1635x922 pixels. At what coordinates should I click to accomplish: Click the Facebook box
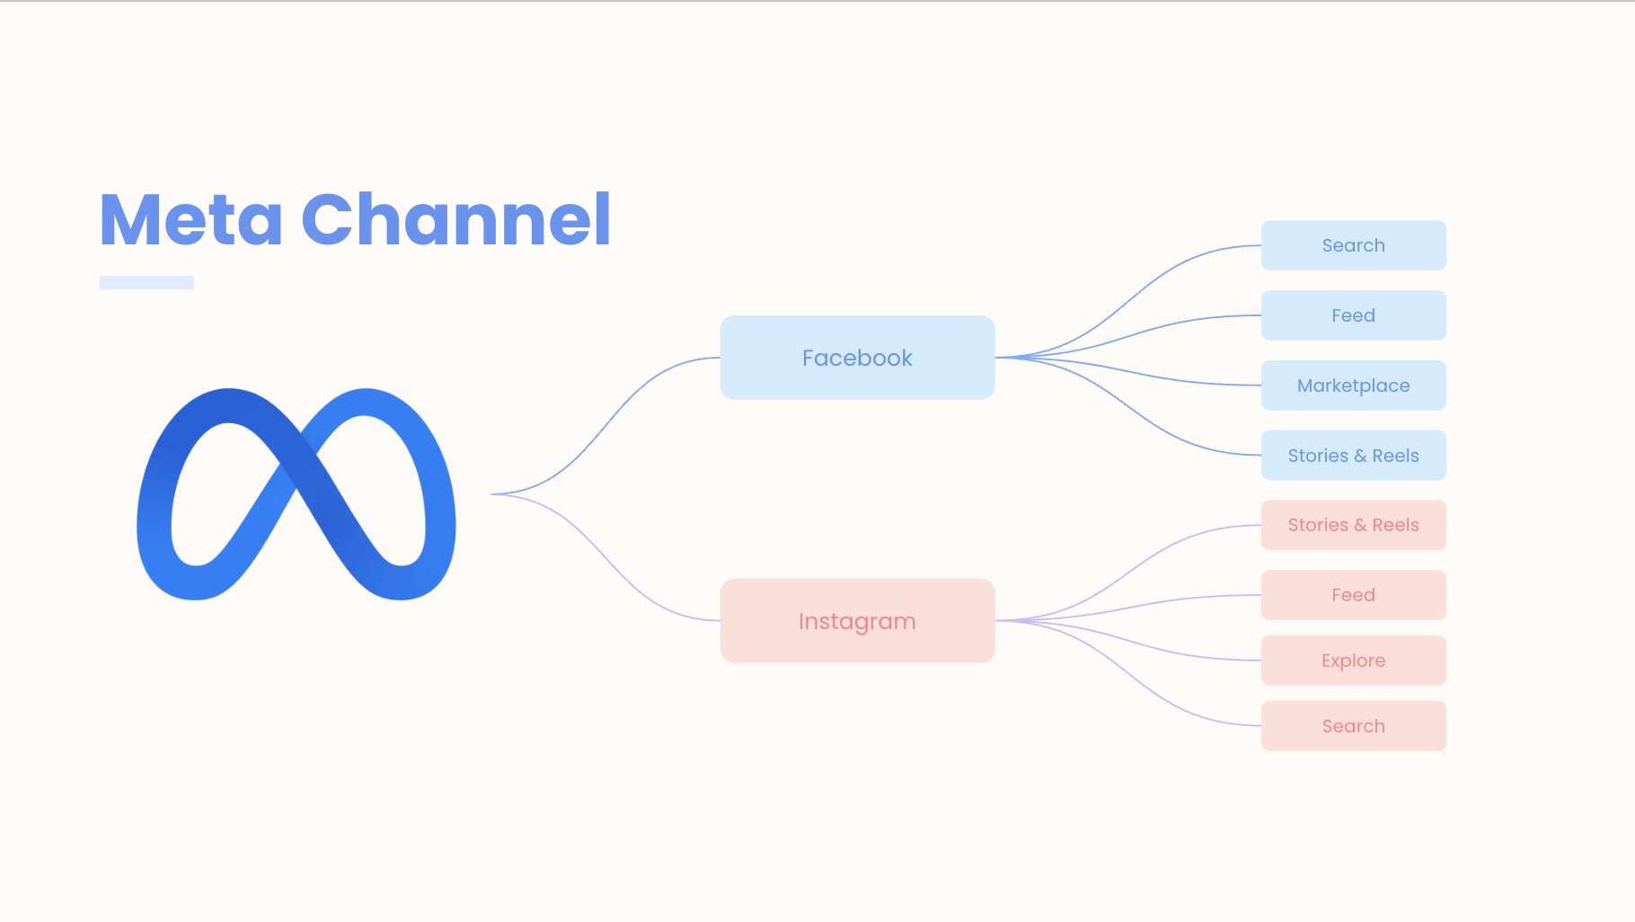[857, 358]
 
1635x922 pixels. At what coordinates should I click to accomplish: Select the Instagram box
[857, 621]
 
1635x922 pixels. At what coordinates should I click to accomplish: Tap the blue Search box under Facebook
[1353, 245]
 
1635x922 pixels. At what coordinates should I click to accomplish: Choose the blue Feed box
[1353, 315]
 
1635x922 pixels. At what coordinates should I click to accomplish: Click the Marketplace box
[1353, 386]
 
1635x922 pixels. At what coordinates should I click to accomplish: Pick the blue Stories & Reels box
[1353, 456]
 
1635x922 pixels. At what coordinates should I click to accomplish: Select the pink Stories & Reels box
[1353, 525]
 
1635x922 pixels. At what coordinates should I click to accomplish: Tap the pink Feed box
[1353, 595]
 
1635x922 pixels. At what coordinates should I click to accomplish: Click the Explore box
[1353, 660]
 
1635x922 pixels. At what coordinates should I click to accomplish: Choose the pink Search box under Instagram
[1353, 726]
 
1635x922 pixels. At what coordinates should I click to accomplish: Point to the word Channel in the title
[456, 219]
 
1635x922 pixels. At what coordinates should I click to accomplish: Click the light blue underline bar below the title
[146, 282]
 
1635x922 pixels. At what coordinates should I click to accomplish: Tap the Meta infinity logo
[296, 494]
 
